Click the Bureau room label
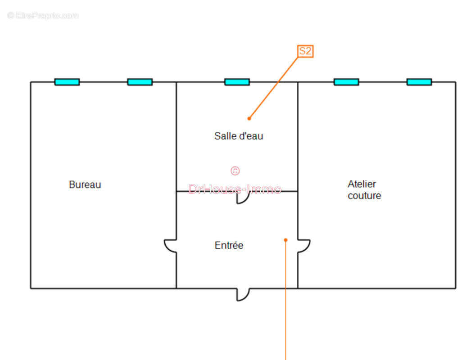[85, 184]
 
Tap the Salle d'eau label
[239, 136]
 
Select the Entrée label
[229, 245]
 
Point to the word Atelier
[362, 184]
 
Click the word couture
[364, 196]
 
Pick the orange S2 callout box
[305, 51]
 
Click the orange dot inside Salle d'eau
[249, 119]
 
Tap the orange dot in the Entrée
[285, 240]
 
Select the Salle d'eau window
[237, 82]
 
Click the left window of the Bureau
[67, 82]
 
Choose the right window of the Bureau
[140, 82]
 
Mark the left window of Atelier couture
[346, 82]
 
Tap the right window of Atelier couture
[419, 82]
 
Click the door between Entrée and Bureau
[170, 246]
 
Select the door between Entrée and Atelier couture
[304, 246]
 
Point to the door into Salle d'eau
[243, 198]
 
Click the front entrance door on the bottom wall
[243, 295]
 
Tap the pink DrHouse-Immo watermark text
[235, 189]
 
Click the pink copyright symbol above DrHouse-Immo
[235, 171]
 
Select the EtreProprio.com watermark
[43, 15]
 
